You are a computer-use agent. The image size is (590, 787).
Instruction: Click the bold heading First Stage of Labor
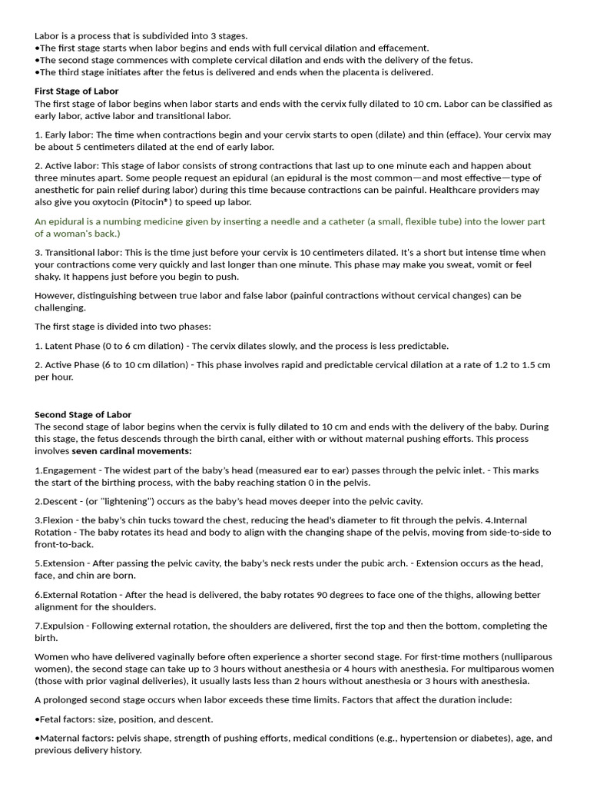coord(76,91)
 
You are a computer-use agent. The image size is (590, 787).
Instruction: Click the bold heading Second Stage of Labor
coord(83,414)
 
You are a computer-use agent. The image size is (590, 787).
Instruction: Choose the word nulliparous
coord(516,657)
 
